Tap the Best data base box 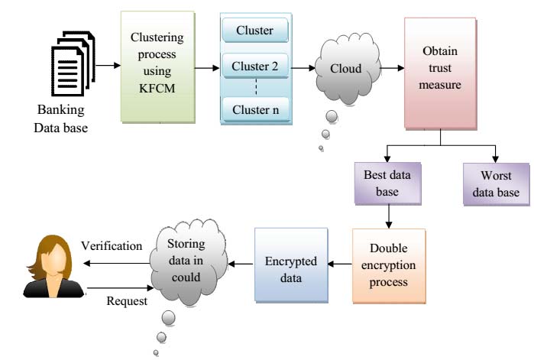point(387,183)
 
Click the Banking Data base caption point(60,118)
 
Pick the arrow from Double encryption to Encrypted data point(338,263)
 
